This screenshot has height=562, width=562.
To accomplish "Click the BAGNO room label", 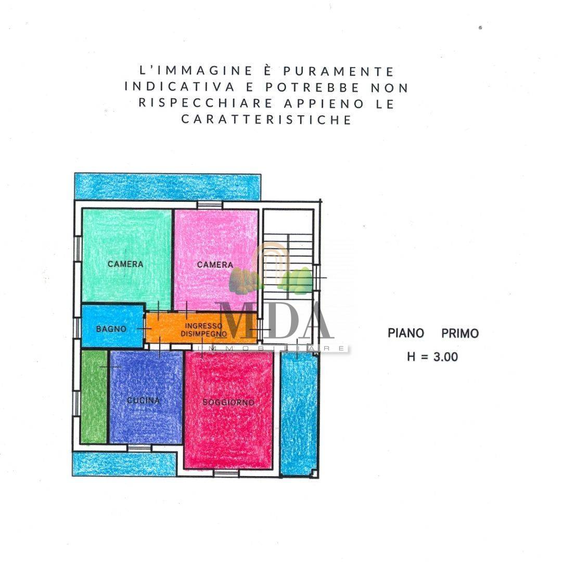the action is [x=111, y=329].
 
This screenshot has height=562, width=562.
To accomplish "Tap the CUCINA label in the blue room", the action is [x=144, y=400].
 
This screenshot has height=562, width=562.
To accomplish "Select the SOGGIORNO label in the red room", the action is [x=228, y=402].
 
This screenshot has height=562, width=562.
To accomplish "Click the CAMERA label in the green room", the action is [x=125, y=264].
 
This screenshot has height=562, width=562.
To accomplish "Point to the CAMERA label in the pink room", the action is [x=215, y=264].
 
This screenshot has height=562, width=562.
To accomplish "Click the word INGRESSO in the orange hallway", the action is [x=203, y=326].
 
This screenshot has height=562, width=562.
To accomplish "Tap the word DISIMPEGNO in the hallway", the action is [x=203, y=334].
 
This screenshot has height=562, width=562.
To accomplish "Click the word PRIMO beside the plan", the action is [x=460, y=334].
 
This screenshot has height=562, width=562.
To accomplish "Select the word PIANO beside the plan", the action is [x=406, y=333].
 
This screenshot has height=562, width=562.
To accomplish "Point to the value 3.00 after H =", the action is [x=445, y=356].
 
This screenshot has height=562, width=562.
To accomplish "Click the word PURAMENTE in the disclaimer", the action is [x=339, y=71].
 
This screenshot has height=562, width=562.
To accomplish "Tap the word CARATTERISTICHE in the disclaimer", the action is [x=266, y=119].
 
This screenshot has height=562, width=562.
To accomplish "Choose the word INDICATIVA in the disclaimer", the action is [x=180, y=87].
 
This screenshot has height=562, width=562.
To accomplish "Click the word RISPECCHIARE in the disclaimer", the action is [x=206, y=103].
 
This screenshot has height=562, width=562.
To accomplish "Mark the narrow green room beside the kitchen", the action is [x=94, y=397].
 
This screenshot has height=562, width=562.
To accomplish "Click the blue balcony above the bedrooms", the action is [x=168, y=186].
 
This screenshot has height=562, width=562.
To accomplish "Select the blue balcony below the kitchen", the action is [x=124, y=464].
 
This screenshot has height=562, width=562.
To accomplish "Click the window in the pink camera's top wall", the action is [x=210, y=205].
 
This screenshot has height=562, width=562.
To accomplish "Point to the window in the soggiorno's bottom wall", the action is [x=226, y=473].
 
